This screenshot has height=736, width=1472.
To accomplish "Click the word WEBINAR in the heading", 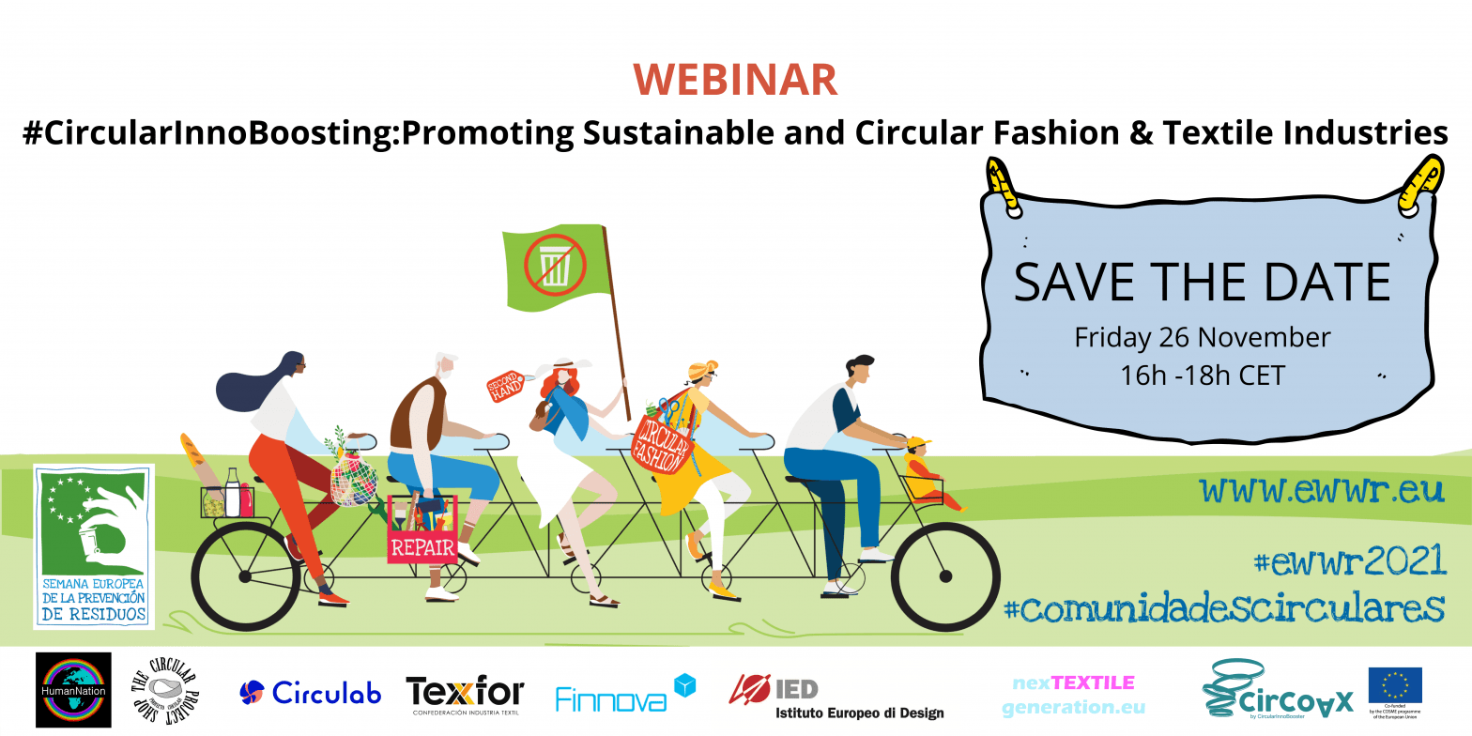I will [x=735, y=81].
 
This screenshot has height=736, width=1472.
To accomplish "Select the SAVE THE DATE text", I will [x=1202, y=283].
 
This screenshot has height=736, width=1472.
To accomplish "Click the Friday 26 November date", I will [x=1202, y=336].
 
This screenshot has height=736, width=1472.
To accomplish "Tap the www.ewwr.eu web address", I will [x=1322, y=489].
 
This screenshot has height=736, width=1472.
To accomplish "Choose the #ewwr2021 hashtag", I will [x=1349, y=561].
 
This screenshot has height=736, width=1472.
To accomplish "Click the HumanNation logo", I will [x=73, y=690].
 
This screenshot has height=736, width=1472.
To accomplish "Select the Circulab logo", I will [x=311, y=693].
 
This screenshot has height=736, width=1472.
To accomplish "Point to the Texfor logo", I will [x=465, y=696].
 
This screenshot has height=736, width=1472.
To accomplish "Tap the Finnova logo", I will [x=624, y=695].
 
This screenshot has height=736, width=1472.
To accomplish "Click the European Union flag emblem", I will [x=1394, y=686].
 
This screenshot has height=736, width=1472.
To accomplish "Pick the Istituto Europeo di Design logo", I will [x=836, y=697].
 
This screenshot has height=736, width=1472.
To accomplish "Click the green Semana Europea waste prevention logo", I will [x=93, y=544].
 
